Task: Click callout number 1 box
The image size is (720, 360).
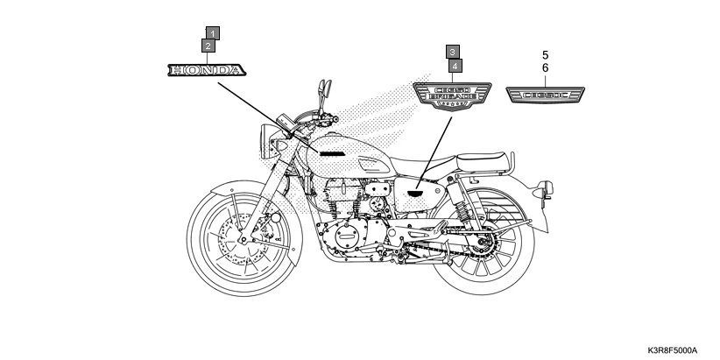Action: click(212, 32)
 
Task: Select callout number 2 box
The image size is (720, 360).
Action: click(208, 46)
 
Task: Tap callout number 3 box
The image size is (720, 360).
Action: click(452, 52)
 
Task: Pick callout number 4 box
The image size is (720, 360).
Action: click(456, 65)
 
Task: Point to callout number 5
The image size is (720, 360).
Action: click(545, 54)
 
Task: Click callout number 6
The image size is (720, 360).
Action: click(545, 67)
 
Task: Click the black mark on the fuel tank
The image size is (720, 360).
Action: click(333, 153)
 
